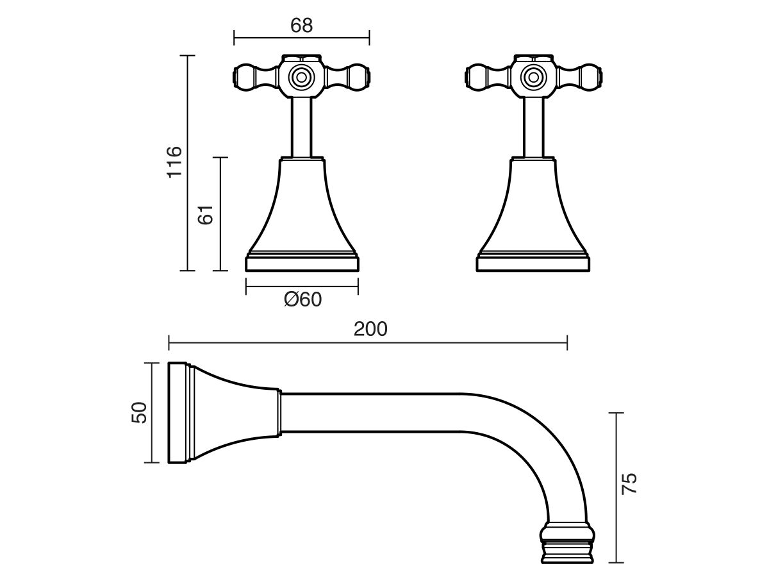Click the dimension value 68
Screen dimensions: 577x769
301,26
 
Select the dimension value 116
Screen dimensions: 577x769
174,162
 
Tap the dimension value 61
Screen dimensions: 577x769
205,214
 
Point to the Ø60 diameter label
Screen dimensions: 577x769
302,299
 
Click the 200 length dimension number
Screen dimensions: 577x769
370,329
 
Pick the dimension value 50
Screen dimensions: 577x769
139,412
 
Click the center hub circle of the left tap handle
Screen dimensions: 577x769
299,77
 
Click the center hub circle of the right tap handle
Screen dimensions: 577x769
532,77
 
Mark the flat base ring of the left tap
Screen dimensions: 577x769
302,263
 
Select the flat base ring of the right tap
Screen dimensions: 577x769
533,263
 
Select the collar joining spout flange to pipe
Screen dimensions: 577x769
279,414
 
